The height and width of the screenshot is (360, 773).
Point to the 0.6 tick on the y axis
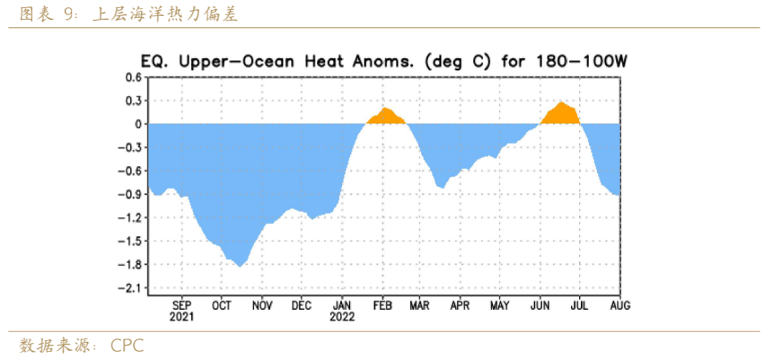[134, 77]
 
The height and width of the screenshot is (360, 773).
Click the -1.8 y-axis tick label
[131, 264]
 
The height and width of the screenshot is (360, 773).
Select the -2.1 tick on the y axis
[131, 288]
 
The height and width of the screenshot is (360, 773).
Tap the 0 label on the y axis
[137, 124]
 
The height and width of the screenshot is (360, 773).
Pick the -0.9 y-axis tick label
[131, 194]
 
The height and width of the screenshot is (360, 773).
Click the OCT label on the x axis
[221, 306]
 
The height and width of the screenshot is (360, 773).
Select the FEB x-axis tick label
[381, 306]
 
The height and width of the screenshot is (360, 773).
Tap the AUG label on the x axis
[619, 306]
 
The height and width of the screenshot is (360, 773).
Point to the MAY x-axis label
[500, 306]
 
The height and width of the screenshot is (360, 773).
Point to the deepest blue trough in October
[239, 266]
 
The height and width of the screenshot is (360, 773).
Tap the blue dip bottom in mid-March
[441, 188]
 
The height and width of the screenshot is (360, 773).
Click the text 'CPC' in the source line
[127, 346]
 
